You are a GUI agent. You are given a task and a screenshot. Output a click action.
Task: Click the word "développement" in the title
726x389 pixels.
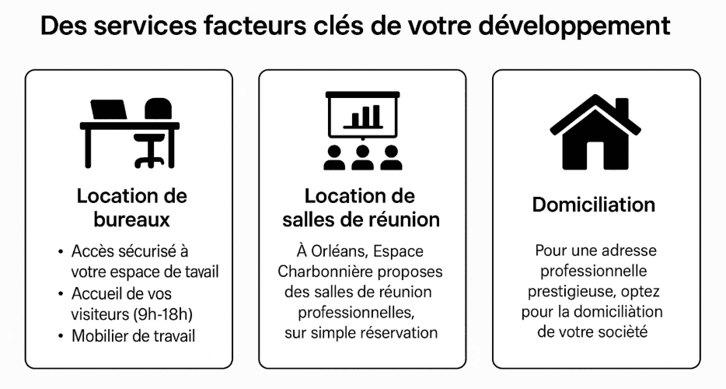pos(574,26)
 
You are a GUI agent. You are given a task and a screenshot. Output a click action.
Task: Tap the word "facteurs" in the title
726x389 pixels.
pos(255,26)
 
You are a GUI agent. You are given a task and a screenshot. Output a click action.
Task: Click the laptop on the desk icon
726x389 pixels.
pos(109,110)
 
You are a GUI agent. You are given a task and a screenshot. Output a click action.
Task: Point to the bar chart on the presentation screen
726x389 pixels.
pos(362,117)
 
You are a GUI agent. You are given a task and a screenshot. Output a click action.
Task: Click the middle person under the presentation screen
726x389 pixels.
pos(362,158)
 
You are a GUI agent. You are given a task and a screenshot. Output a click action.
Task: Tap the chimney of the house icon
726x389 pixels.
pos(623,107)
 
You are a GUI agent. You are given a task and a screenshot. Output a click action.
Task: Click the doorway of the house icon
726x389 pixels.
pos(595,156)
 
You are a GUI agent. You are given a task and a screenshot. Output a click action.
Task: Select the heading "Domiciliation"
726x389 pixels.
pos(594,205)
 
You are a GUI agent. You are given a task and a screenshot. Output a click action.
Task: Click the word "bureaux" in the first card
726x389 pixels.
pos(132,219)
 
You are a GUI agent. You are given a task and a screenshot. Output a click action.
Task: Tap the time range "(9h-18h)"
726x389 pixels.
pos(162,314)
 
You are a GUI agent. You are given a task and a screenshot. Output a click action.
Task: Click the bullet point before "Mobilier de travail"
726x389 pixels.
pos(61,336)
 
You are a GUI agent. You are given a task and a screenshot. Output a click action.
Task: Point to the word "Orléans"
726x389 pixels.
pos(340,251)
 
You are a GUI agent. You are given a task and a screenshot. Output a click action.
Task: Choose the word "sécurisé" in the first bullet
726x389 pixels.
pos(148,251)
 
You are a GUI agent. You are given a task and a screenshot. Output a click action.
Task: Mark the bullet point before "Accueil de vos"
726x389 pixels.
pos(61,294)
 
